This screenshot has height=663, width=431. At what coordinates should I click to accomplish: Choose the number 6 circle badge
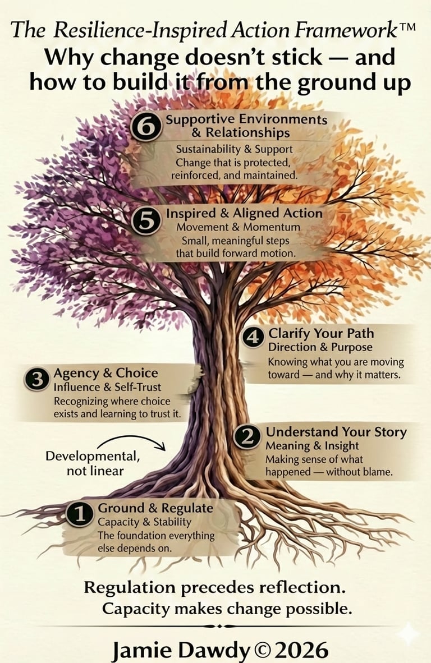(146, 128)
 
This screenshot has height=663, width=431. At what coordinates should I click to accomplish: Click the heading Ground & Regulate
(155, 508)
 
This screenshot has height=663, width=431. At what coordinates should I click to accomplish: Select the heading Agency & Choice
(106, 373)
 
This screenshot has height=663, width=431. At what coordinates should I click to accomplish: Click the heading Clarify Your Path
(321, 333)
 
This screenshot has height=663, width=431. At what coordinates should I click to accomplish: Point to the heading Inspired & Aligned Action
(244, 214)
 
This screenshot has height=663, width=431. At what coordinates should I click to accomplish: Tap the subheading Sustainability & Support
(235, 150)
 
